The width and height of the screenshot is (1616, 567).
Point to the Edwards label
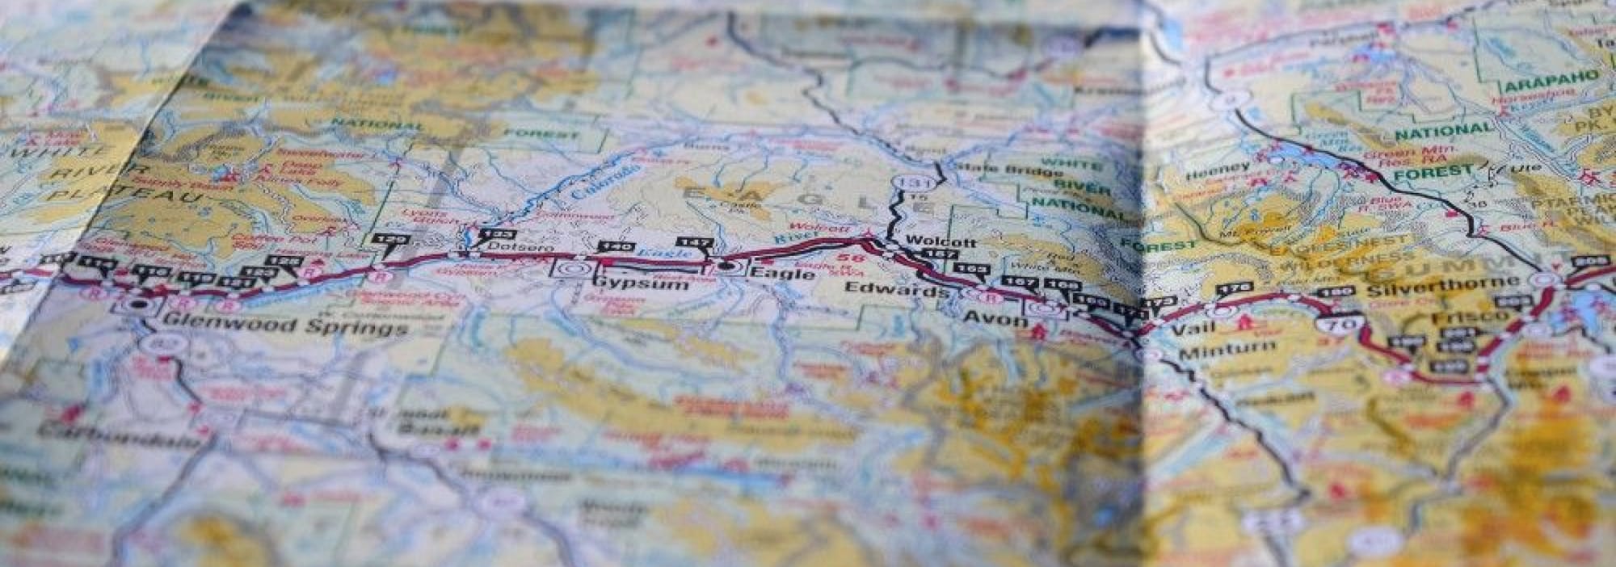[896, 290]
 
